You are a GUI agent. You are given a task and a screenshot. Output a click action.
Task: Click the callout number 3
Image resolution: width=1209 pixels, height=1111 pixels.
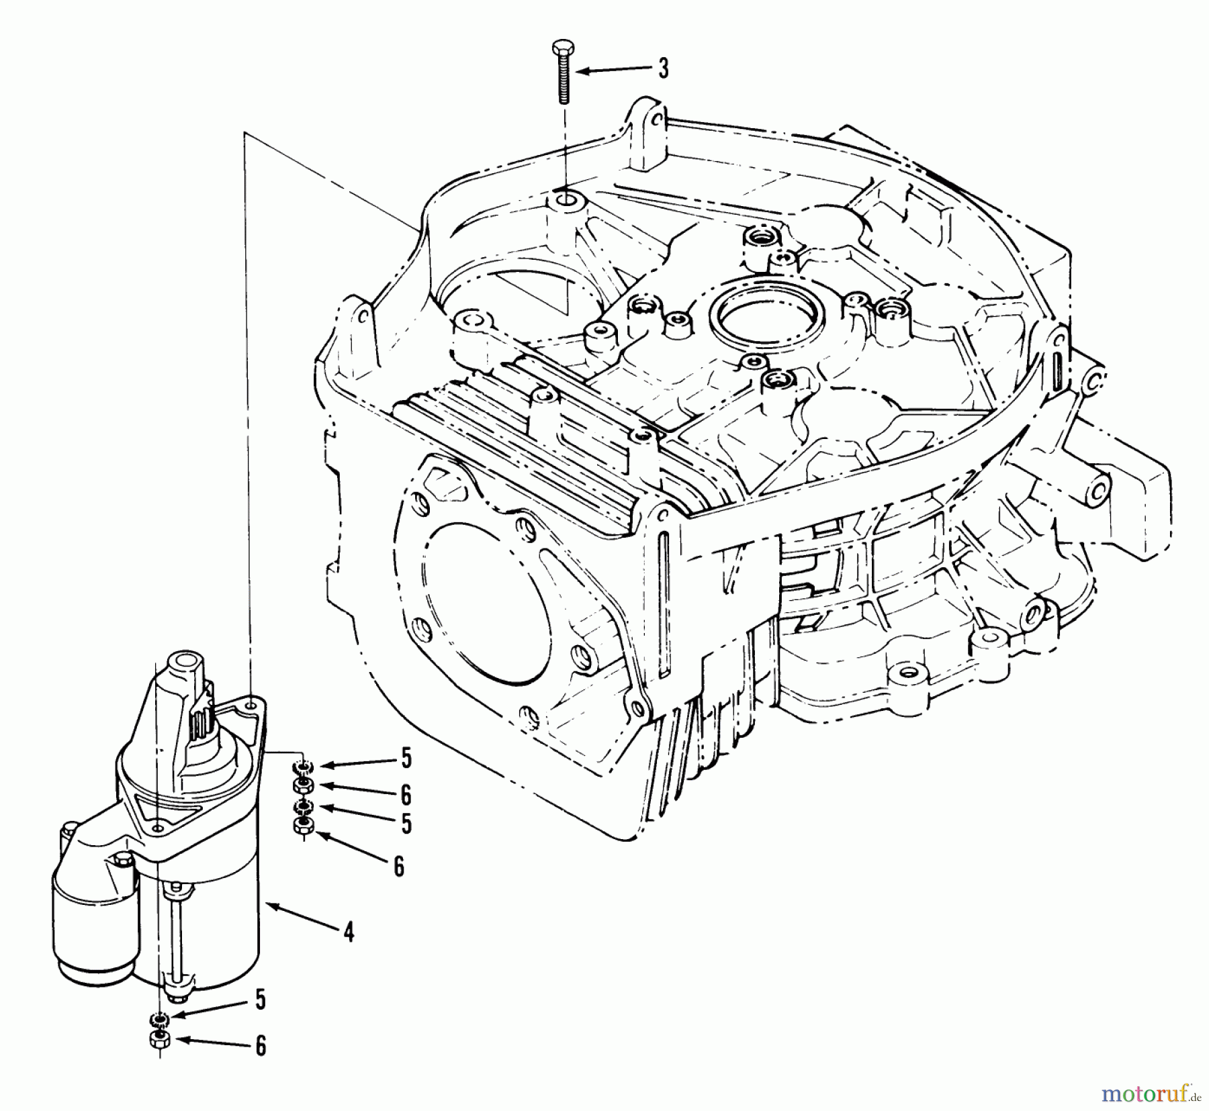click(663, 69)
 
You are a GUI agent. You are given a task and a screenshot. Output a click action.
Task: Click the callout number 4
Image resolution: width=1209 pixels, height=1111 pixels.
click(348, 932)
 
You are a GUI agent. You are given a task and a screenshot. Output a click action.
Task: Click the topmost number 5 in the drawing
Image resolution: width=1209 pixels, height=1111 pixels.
click(406, 759)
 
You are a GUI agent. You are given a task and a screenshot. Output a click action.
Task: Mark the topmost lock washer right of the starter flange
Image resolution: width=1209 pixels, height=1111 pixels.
click(304, 767)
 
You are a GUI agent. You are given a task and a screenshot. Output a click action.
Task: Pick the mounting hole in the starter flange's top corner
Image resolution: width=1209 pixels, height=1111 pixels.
click(251, 706)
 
